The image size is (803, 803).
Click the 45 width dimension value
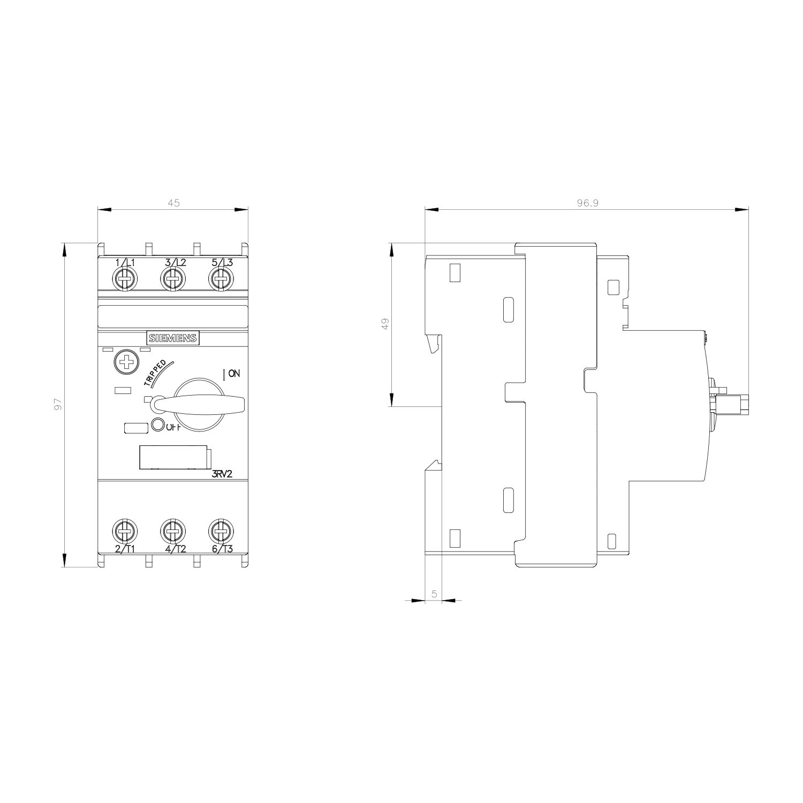[173, 203]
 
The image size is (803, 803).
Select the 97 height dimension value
[59, 404]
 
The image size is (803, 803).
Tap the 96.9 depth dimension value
[586, 203]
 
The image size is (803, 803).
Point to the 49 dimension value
[385, 324]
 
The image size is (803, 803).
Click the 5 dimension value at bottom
[434, 594]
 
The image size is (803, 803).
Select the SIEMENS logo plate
[173, 338]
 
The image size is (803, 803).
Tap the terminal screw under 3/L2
[173, 279]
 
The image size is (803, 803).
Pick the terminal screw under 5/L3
[219, 279]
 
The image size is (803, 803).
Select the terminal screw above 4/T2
[173, 531]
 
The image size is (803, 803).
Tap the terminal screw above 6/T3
[219, 531]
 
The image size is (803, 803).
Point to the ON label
[234, 374]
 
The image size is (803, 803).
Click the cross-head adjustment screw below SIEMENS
[126, 362]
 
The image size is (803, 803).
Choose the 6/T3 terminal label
[222, 549]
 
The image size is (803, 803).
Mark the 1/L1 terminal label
[125, 262]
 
